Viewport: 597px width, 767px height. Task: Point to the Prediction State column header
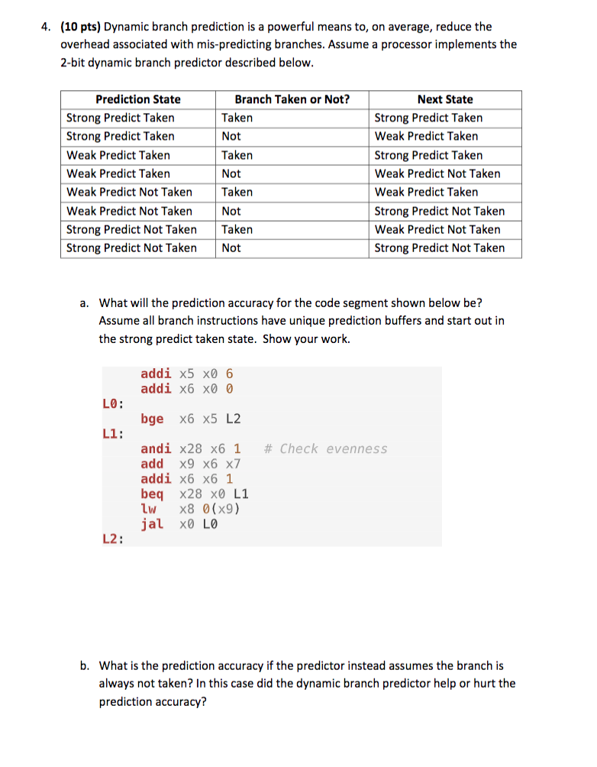tap(137, 99)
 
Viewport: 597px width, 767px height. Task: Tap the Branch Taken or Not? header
tap(292, 99)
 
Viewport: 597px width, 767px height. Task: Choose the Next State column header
tap(444, 99)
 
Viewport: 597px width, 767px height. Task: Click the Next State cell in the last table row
tap(439, 248)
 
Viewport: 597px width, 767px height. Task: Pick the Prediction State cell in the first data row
tap(121, 118)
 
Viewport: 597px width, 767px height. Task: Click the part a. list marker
tap(85, 303)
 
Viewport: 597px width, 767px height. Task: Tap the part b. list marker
tap(85, 666)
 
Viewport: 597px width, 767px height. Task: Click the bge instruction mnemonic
tap(152, 419)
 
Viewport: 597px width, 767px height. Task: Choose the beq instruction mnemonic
tap(152, 494)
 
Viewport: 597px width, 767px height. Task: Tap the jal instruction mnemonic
tap(152, 524)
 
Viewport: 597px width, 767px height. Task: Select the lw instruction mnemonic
tap(149, 509)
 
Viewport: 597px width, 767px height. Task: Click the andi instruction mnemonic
tap(156, 448)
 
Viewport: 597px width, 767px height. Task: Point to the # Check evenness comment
tap(325, 448)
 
